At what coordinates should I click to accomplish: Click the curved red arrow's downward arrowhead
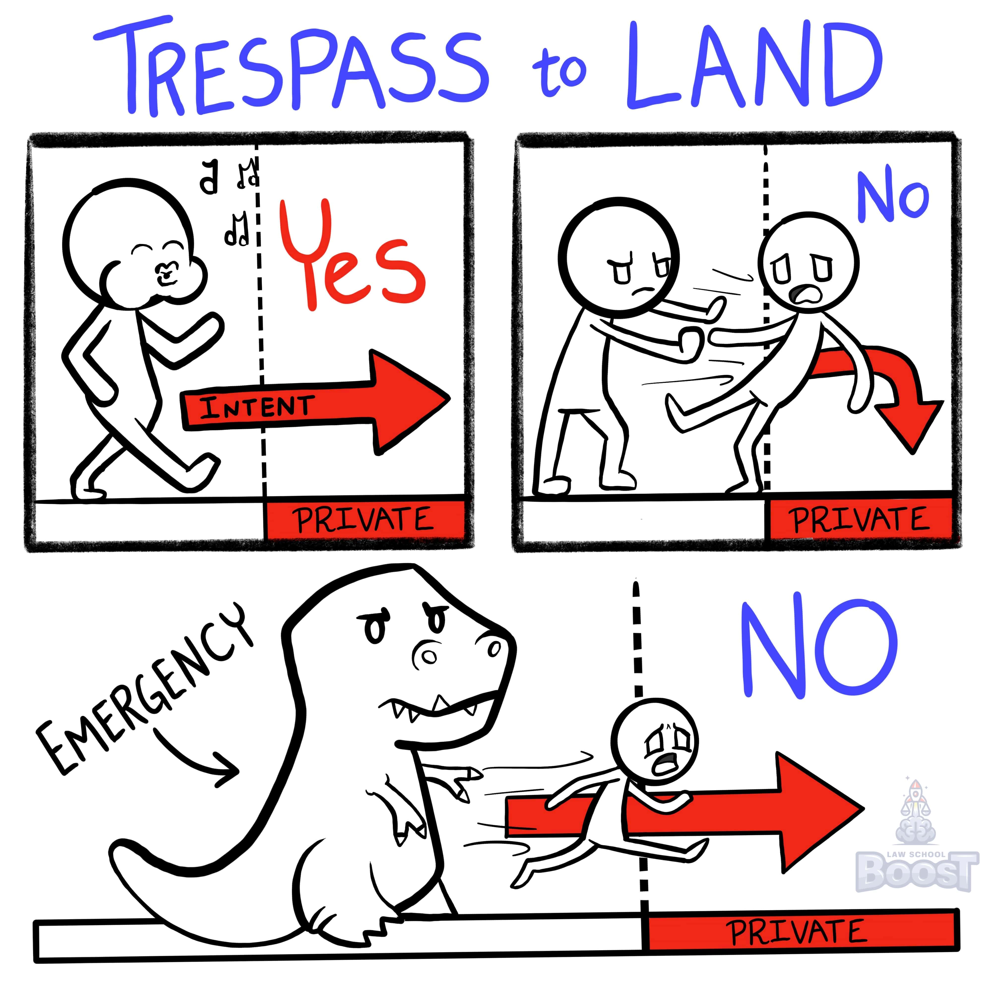909,421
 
